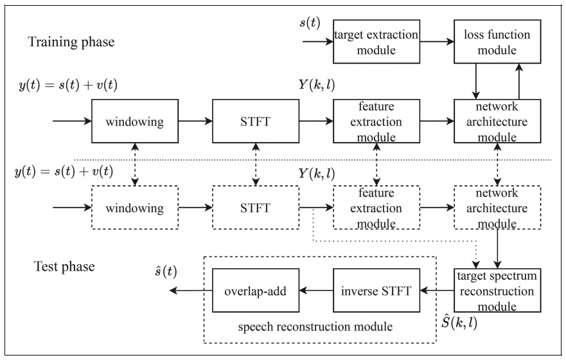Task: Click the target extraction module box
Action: [x=375, y=42]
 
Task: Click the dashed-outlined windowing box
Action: [x=134, y=208]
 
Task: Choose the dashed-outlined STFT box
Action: [x=255, y=208]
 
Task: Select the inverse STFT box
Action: [x=375, y=291]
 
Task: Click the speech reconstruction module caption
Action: [x=315, y=327]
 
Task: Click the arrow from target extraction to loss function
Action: [x=436, y=42]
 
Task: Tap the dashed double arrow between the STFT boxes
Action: [x=255, y=164]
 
